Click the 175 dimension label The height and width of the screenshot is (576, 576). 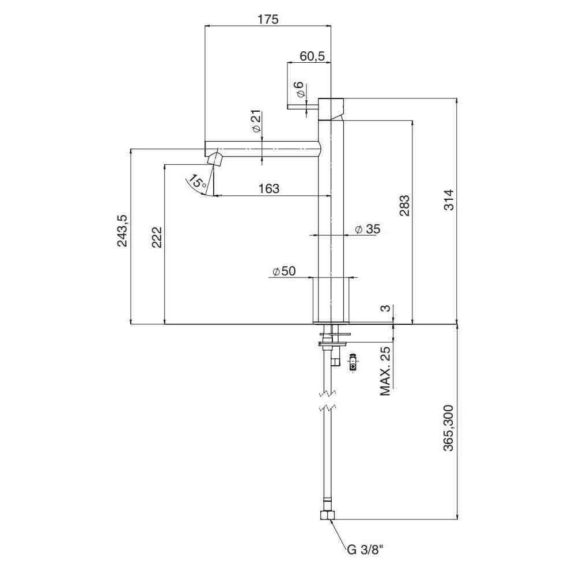click(x=268, y=19)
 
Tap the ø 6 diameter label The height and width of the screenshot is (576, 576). click(x=298, y=90)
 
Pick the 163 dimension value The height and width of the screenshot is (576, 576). click(x=268, y=188)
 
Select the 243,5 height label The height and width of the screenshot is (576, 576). click(x=123, y=230)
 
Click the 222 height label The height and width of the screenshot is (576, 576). click(x=157, y=237)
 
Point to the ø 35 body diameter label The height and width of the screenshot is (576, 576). click(x=367, y=229)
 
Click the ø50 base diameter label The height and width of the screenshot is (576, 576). click(x=283, y=271)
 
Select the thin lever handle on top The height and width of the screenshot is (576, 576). click(x=303, y=106)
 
